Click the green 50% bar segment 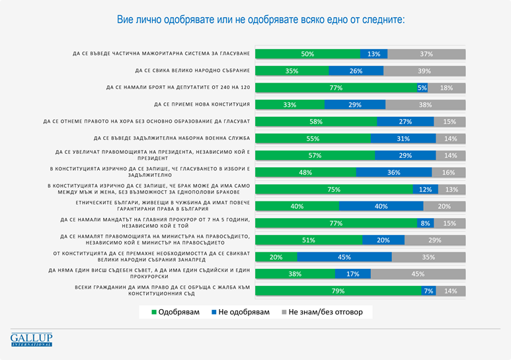click(307, 54)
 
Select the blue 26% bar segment click(356, 71)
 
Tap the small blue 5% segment click(422, 88)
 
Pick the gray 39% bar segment click(424, 71)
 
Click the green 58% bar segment click(315, 122)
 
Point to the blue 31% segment click(403, 139)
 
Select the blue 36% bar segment click(394, 172)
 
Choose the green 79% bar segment click(338, 291)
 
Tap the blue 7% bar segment click(428, 291)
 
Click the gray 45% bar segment click(418, 273)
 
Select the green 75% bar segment click(333, 190)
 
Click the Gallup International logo click(31, 340)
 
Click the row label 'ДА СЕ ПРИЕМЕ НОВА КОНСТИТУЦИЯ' click(200, 104)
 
